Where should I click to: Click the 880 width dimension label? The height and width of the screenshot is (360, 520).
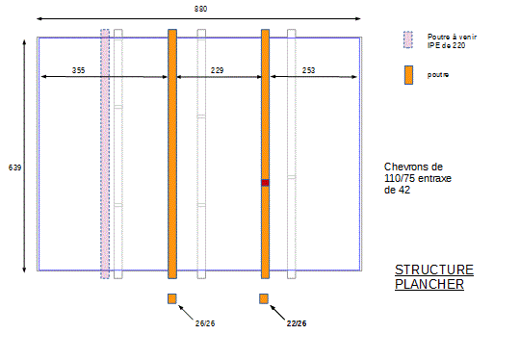click(x=200, y=9)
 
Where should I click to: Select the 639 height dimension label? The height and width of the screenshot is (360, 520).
click(x=14, y=167)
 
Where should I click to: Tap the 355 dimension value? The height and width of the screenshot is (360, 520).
click(x=79, y=70)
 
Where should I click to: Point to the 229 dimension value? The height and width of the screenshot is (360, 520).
click(x=218, y=70)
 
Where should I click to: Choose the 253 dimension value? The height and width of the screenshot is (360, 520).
click(x=308, y=70)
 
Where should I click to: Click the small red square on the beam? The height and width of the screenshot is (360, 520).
click(x=265, y=183)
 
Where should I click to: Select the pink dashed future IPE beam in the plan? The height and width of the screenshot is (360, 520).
click(x=105, y=154)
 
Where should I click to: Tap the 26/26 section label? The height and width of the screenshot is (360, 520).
click(x=205, y=323)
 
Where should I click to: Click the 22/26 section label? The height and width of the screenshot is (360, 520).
click(x=297, y=323)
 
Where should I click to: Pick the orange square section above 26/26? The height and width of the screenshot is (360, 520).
click(x=171, y=298)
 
